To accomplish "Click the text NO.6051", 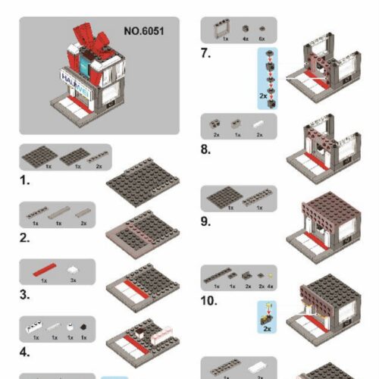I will point(143,32).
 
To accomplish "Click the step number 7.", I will point(206,54).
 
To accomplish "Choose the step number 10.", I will point(209,301).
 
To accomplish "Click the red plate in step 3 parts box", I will point(44,270).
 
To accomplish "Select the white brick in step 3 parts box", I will point(73,269).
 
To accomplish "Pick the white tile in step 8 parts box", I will point(259,123).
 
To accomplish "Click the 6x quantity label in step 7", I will point(262,37).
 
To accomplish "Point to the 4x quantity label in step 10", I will point(271,287).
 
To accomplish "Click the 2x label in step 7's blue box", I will point(262,98).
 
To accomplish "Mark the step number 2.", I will point(25,239).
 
